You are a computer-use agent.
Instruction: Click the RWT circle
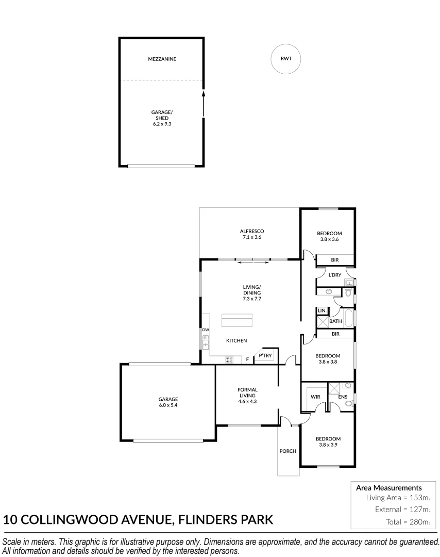286,59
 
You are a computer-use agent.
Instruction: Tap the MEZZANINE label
162,59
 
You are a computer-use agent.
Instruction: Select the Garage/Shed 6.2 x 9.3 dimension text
162,124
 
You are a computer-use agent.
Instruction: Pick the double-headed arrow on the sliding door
252,263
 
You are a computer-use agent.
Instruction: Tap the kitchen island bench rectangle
237,320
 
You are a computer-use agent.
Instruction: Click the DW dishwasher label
205,330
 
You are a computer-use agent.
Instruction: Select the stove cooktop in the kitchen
230,359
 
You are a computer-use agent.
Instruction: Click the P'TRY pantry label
265,356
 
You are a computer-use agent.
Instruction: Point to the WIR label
316,397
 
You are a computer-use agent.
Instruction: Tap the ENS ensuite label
342,397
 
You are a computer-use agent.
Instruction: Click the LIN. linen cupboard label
321,310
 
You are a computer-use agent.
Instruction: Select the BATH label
335,321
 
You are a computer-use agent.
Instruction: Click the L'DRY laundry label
334,275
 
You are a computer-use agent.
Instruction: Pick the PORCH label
287,451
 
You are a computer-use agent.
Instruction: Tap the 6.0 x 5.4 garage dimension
168,405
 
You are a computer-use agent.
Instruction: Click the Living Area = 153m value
398,498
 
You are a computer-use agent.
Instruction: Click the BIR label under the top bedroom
334,260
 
